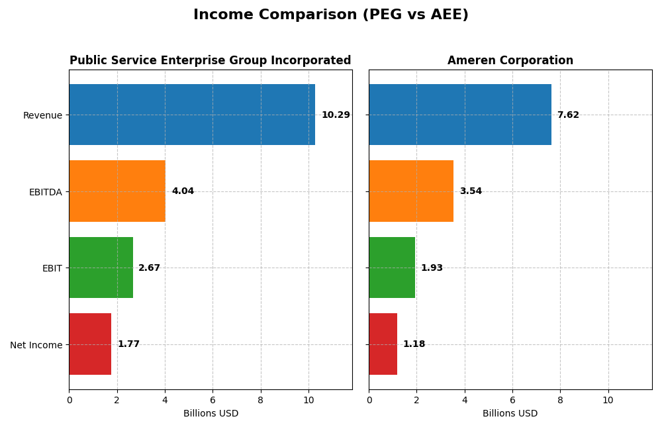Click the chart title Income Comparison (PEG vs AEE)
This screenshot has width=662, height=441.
330,15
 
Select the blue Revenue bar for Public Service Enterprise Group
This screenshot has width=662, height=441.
192,115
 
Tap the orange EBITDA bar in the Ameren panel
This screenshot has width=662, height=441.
411,191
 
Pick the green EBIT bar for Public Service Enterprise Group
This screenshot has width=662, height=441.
101,268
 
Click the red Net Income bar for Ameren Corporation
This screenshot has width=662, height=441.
383,344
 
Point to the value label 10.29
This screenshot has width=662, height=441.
336,115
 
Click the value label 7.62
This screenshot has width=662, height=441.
568,115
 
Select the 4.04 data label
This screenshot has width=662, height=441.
183,191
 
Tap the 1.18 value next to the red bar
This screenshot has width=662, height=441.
414,344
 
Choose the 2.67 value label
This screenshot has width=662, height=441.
149,268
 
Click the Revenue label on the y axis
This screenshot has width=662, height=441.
42,115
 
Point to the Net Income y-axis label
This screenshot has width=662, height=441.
36,345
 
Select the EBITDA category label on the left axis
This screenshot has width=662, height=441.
46,192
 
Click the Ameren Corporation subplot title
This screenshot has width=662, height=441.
510,61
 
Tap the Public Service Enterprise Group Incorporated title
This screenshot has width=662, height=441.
211,61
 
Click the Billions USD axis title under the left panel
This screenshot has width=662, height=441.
211,413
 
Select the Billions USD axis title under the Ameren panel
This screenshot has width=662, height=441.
510,413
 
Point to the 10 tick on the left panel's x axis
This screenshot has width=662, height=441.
308,400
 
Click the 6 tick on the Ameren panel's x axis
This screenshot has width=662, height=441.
512,400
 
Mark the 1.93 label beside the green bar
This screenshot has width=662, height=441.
432,268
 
